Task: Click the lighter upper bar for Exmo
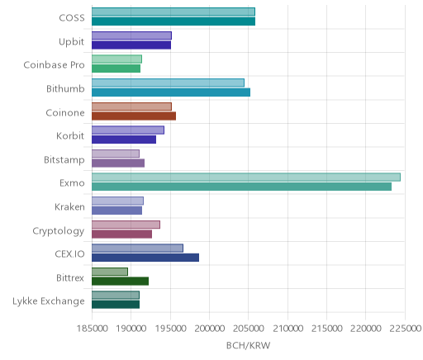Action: point(246,178)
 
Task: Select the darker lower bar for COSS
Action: point(173,21)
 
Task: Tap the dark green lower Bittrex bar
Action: point(120,282)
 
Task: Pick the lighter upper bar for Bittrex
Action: point(110,272)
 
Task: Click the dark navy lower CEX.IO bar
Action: point(145,258)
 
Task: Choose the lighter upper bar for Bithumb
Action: point(168,83)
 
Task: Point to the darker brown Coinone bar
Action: point(134,116)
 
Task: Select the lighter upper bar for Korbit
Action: point(128,130)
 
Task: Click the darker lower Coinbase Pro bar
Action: point(116,69)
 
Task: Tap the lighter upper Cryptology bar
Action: point(126,225)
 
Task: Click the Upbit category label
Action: point(71,42)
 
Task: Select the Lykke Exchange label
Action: point(49,301)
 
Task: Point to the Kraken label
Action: point(69,206)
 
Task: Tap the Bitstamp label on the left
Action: point(64,159)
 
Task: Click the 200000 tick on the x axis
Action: point(209,329)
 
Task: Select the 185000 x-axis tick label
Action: point(92,329)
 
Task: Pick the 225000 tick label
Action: point(405,329)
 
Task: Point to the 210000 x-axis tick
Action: point(288,329)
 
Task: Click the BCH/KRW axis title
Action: point(248,345)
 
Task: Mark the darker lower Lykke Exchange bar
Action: point(116,305)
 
